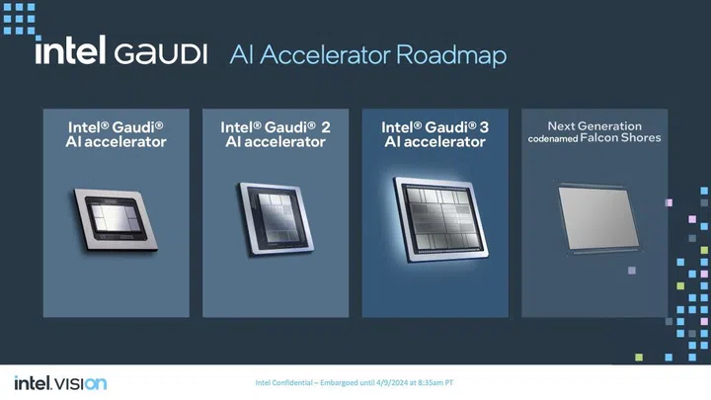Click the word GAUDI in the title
coord(161,54)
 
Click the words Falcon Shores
coord(626,138)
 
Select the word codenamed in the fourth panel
coord(559,138)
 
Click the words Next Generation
coord(594,125)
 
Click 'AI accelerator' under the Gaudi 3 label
coord(434,142)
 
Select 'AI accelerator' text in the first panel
coord(117,142)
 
